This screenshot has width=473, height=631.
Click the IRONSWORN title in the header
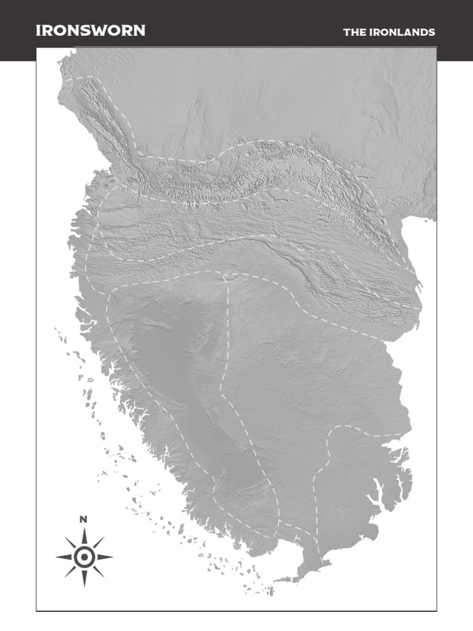coord(91,31)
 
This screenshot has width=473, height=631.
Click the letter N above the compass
coord(84,519)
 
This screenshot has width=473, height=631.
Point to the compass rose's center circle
coord(84,557)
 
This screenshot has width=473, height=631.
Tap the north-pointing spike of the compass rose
coord(84,536)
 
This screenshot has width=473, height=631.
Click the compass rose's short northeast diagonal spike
coord(96,545)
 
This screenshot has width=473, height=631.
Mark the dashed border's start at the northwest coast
coord(68,79)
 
